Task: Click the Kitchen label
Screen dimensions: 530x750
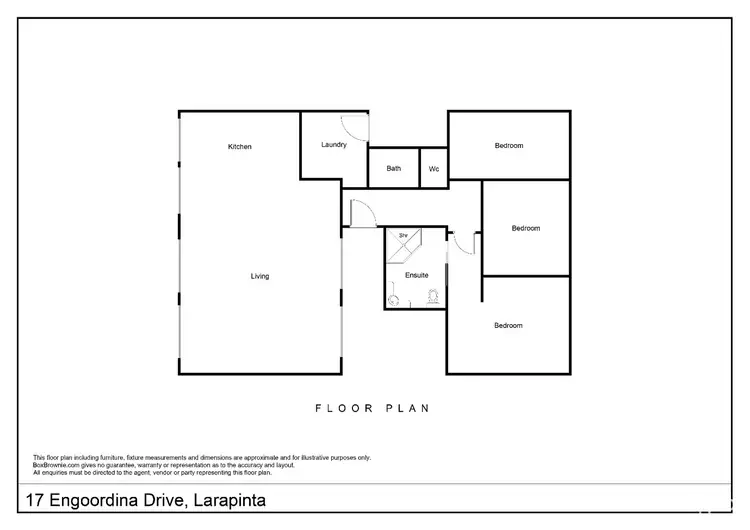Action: (x=240, y=147)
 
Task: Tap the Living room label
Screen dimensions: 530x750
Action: (x=259, y=276)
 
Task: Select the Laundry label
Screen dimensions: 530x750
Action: (x=334, y=145)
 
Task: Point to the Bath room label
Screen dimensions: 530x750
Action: (x=394, y=169)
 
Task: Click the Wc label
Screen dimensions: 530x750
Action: (x=434, y=169)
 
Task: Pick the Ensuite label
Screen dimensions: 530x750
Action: (x=417, y=274)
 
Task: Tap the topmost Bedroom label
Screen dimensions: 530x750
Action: (x=508, y=146)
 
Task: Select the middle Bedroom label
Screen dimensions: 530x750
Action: (x=525, y=228)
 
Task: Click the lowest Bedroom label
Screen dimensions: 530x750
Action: (x=508, y=325)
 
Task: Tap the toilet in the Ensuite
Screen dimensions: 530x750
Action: (x=434, y=296)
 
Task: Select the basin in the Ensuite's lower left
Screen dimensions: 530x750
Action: (x=394, y=298)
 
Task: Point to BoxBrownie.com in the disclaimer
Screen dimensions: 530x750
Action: (x=56, y=464)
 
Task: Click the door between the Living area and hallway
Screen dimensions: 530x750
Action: (x=361, y=212)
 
